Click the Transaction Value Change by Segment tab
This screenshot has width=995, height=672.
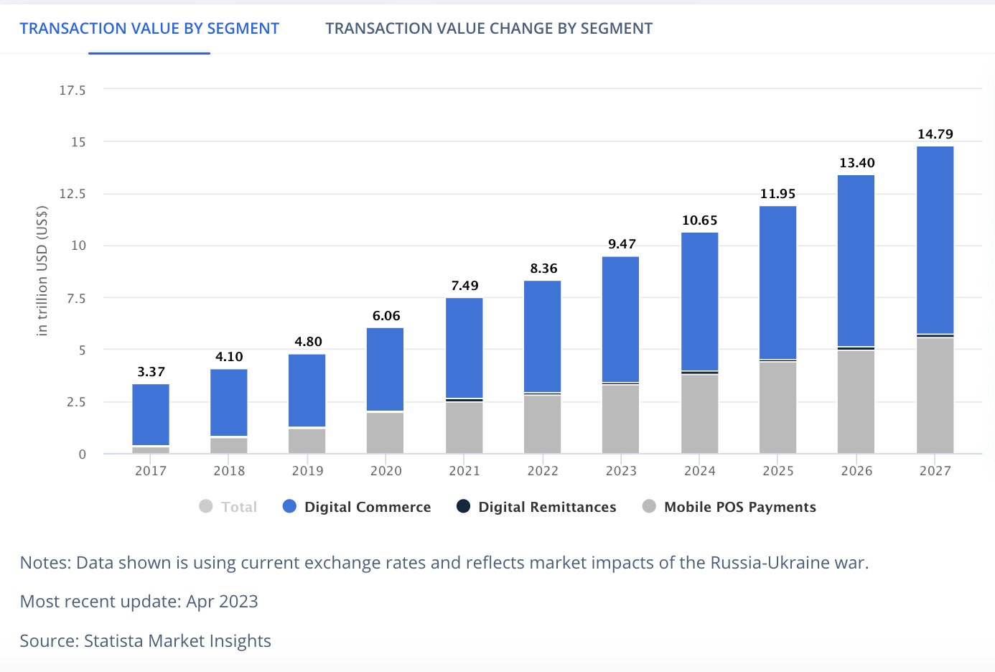pos(489,29)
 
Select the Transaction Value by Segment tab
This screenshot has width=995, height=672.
pos(149,29)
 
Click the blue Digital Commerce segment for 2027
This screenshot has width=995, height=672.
pos(935,240)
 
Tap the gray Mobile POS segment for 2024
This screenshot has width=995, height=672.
pos(699,414)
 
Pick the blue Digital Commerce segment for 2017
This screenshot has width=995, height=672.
pos(151,414)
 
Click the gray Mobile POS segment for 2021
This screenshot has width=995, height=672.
pos(464,427)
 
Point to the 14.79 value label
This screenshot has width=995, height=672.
pos(935,134)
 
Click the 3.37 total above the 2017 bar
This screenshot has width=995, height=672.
pos(151,372)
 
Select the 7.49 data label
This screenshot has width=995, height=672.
pos(464,286)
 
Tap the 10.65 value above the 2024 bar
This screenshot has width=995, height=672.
pos(699,220)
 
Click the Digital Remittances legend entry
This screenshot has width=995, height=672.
pos(546,507)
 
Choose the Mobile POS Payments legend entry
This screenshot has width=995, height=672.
pos(739,507)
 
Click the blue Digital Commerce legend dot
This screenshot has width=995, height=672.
pos(290,507)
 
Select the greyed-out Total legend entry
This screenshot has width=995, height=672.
pos(238,507)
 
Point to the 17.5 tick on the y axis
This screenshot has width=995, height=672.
pos(73,90)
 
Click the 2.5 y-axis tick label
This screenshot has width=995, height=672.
pos(75,402)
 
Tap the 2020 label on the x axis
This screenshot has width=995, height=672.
pos(386,471)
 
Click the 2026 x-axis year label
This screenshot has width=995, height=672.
pos(856,471)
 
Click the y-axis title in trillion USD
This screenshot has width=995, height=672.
pos(42,271)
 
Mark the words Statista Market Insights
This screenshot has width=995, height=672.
pos(177,641)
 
